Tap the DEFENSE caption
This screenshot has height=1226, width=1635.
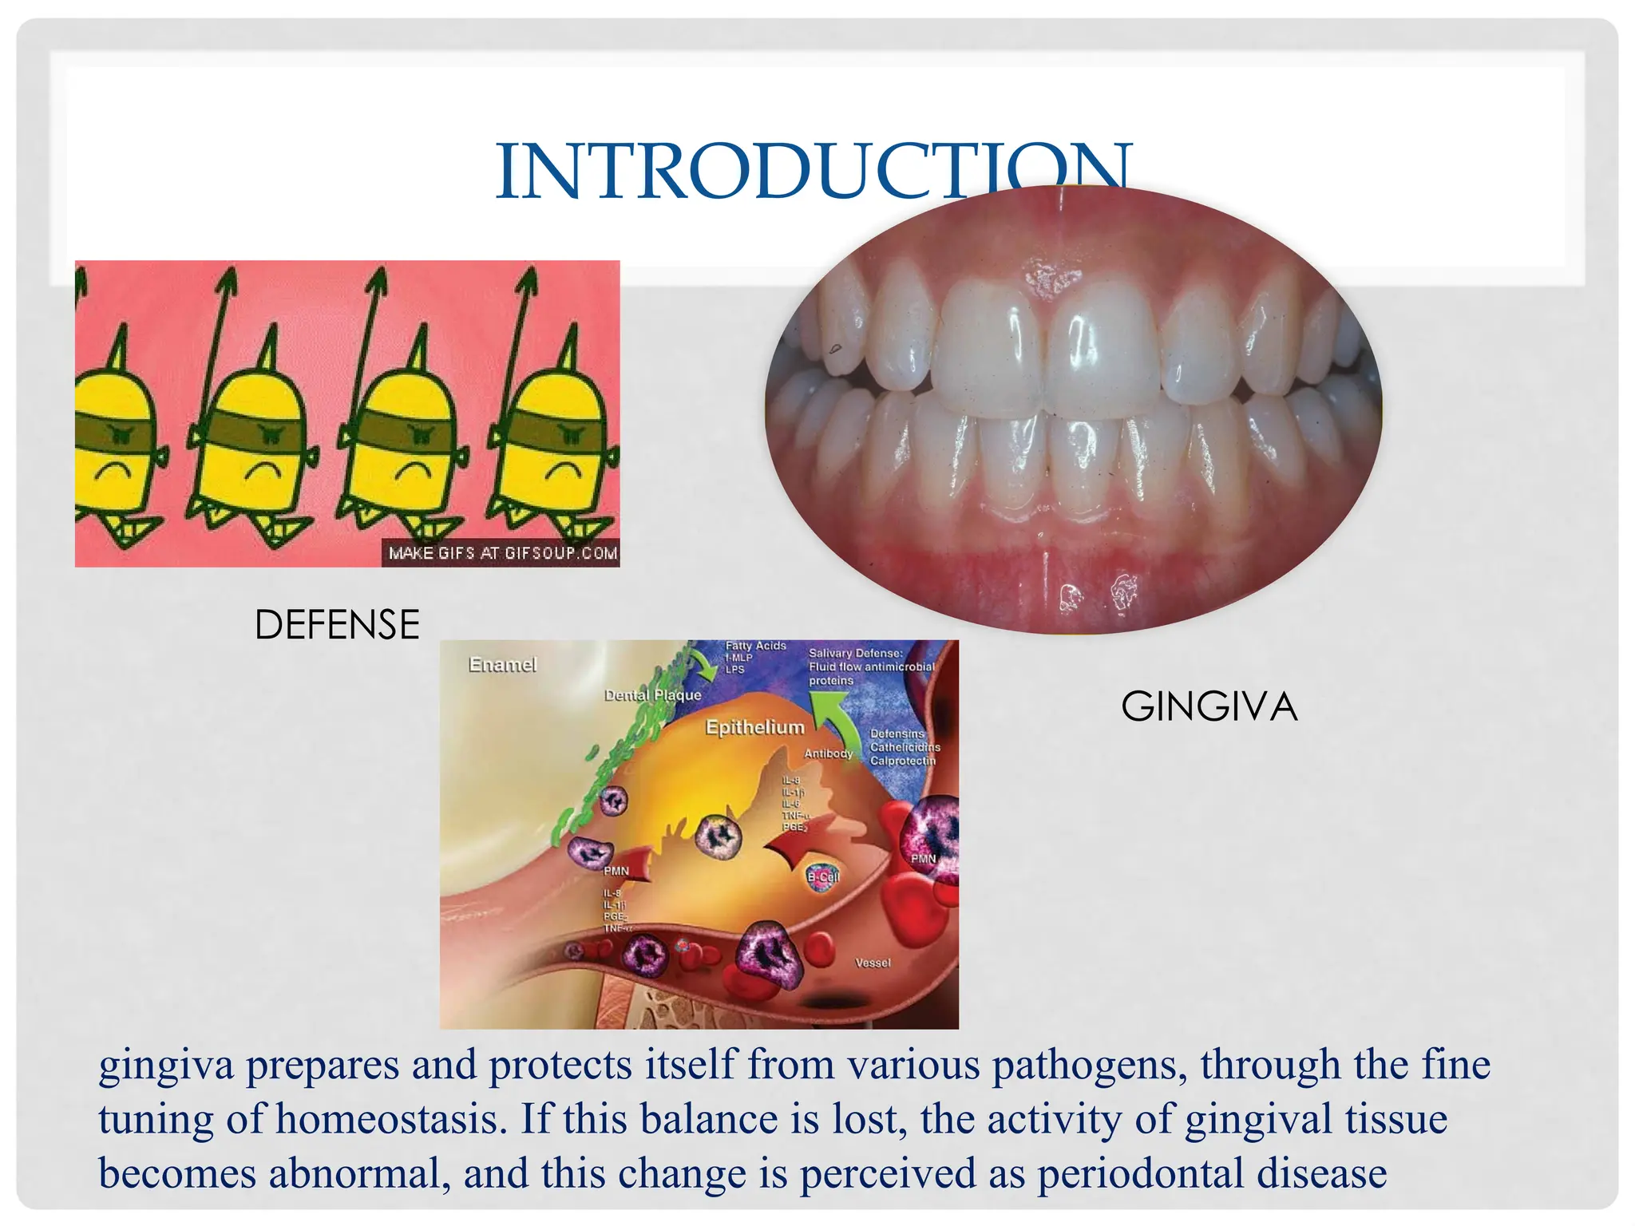pos(337,624)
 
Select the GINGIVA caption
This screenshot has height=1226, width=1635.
pos(1209,707)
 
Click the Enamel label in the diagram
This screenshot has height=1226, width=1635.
pos(502,664)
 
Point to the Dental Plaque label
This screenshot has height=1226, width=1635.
pos(652,695)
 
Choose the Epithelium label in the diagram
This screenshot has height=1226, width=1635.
pos(754,727)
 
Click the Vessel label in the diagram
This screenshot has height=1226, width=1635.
pos(873,963)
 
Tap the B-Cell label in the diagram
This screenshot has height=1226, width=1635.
pos(823,876)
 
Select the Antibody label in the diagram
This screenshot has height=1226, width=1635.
pos(828,753)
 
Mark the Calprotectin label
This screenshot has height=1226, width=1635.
pos(902,761)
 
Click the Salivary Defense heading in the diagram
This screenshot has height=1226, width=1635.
pos(855,653)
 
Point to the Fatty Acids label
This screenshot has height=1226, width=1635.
pos(755,646)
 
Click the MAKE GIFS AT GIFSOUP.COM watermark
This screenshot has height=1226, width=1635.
pos(502,553)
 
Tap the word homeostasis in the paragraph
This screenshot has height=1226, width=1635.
pos(391,1119)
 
